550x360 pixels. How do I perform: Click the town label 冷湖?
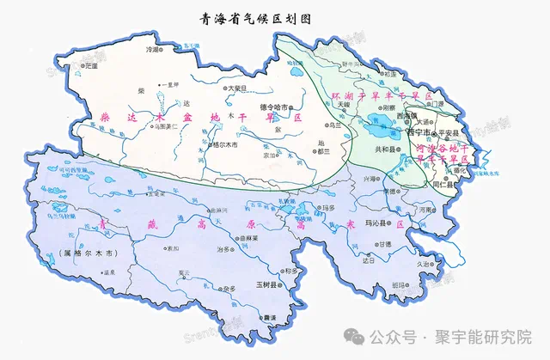(156, 51)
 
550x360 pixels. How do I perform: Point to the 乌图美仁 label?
(164, 126)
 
